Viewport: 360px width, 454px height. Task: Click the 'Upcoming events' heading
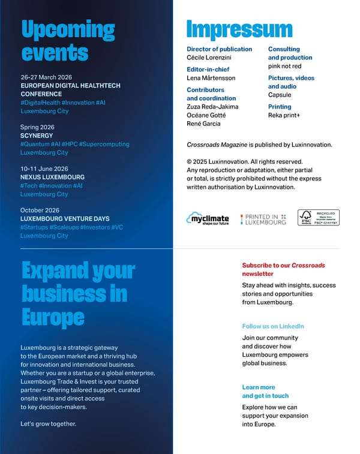click(x=67, y=40)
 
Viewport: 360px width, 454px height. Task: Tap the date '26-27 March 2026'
click(x=47, y=77)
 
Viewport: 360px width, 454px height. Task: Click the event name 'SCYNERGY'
click(x=37, y=136)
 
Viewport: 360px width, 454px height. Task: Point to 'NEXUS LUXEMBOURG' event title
click(x=52, y=178)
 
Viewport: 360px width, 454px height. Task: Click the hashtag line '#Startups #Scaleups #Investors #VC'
click(x=71, y=227)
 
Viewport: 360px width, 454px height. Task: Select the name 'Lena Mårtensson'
click(x=211, y=78)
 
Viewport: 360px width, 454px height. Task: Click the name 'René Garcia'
click(x=203, y=124)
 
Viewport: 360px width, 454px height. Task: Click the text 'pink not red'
click(x=284, y=66)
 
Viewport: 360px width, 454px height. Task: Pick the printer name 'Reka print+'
click(x=284, y=115)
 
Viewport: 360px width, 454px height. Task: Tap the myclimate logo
click(x=208, y=218)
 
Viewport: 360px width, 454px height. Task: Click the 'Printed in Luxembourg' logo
click(x=263, y=218)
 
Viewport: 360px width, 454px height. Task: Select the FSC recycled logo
click(x=318, y=218)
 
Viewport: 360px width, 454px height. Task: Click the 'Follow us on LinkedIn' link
click(x=273, y=326)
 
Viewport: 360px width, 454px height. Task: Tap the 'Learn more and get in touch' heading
click(x=265, y=392)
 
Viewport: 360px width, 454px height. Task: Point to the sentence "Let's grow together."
click(x=48, y=424)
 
